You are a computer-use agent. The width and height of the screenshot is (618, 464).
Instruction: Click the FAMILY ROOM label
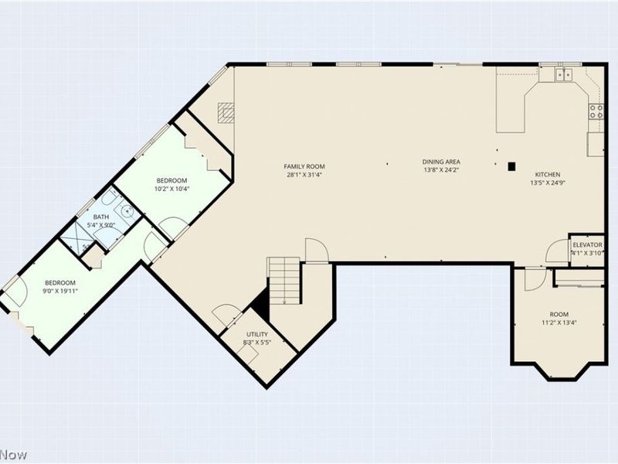pos(304,166)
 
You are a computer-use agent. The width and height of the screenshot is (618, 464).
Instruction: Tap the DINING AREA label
pos(441,162)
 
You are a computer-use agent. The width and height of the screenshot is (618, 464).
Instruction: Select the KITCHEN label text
pos(548,175)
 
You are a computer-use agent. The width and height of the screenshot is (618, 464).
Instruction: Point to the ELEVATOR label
pos(587,245)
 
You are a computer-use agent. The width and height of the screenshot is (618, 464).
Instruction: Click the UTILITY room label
pos(257,335)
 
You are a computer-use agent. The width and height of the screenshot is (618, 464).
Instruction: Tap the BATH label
pos(101,217)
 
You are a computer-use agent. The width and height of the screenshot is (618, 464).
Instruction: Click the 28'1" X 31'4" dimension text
pos(304,175)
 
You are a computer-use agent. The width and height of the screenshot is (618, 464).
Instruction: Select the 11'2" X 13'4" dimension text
pos(559,322)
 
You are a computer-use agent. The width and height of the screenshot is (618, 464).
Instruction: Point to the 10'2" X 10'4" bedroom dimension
pos(171,189)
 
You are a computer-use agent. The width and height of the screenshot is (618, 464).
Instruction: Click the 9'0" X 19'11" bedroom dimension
pos(60,291)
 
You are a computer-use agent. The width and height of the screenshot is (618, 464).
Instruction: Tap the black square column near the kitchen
pos(511,166)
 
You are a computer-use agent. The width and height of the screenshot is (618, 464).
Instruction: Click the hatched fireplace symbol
pos(226,113)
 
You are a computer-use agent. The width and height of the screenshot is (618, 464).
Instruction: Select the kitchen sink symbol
pos(564,74)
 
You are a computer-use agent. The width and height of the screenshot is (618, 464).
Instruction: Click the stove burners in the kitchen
pos(596,111)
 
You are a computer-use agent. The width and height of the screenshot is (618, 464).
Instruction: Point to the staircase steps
pos(284,281)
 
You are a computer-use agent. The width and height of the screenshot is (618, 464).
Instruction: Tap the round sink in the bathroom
pos(127,211)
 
